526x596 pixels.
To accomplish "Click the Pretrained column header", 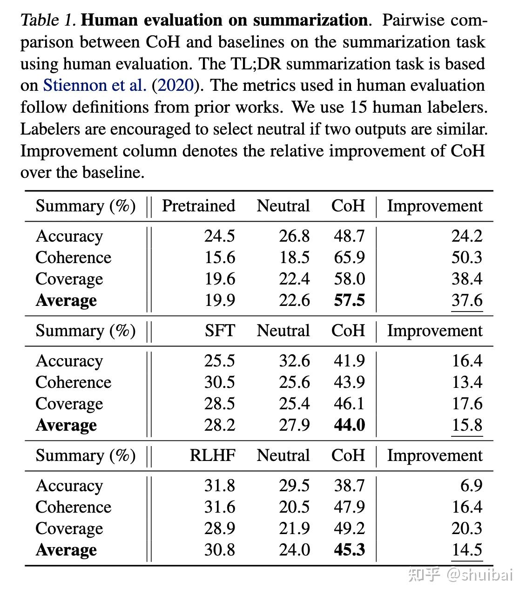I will pyautogui.click(x=198, y=206).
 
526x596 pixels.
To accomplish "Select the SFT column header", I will pyautogui.click(x=220, y=331).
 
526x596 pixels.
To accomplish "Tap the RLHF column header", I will pyautogui.click(x=212, y=455).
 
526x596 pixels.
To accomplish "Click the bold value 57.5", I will pyautogui.click(x=349, y=300).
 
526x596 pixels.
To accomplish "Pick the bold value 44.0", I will pyautogui.click(x=349, y=425).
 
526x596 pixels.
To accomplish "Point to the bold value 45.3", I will pyautogui.click(x=349, y=550).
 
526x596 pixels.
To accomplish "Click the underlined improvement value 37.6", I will pyautogui.click(x=467, y=300).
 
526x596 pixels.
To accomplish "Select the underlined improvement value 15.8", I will pyautogui.click(x=467, y=425).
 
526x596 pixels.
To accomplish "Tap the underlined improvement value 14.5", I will pyautogui.click(x=467, y=550).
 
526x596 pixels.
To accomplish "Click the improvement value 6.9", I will pyautogui.click(x=471, y=486).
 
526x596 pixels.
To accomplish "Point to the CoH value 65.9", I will pyautogui.click(x=349, y=257).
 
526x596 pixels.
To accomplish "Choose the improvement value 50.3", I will pyautogui.click(x=467, y=257).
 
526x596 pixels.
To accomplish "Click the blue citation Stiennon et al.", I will pyautogui.click(x=95, y=86).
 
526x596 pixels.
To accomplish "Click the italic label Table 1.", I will pyautogui.click(x=48, y=20).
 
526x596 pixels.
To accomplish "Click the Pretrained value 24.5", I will pyautogui.click(x=220, y=236).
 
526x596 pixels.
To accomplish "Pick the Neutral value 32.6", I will pyautogui.click(x=294, y=361).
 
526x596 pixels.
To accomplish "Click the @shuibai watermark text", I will pyautogui.click(x=479, y=575).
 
